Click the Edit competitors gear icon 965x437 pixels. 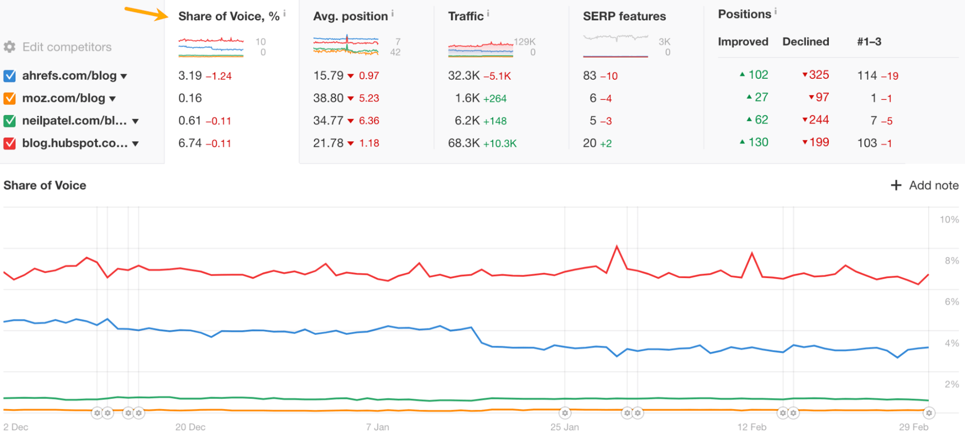tap(10, 47)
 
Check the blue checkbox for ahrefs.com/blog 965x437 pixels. tap(10, 76)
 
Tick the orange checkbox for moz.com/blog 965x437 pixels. tap(10, 99)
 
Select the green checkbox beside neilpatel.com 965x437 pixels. tap(10, 121)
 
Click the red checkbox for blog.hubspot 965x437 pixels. tap(10, 143)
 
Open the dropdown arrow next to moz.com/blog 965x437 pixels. tap(112, 99)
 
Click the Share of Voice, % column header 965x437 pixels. tap(228, 16)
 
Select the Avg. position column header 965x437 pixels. tap(350, 16)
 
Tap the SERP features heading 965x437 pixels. tap(624, 16)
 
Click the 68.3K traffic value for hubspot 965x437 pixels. tap(464, 143)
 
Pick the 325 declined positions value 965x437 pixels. tap(819, 75)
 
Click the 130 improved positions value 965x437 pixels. tap(758, 142)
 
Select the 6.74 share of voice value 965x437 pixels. tap(190, 143)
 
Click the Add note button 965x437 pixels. tap(924, 185)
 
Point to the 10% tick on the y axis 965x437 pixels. tap(949, 220)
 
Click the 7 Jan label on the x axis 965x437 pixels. tap(377, 427)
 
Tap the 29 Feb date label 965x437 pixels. tap(913, 427)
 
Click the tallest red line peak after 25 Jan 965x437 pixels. tap(616, 247)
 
